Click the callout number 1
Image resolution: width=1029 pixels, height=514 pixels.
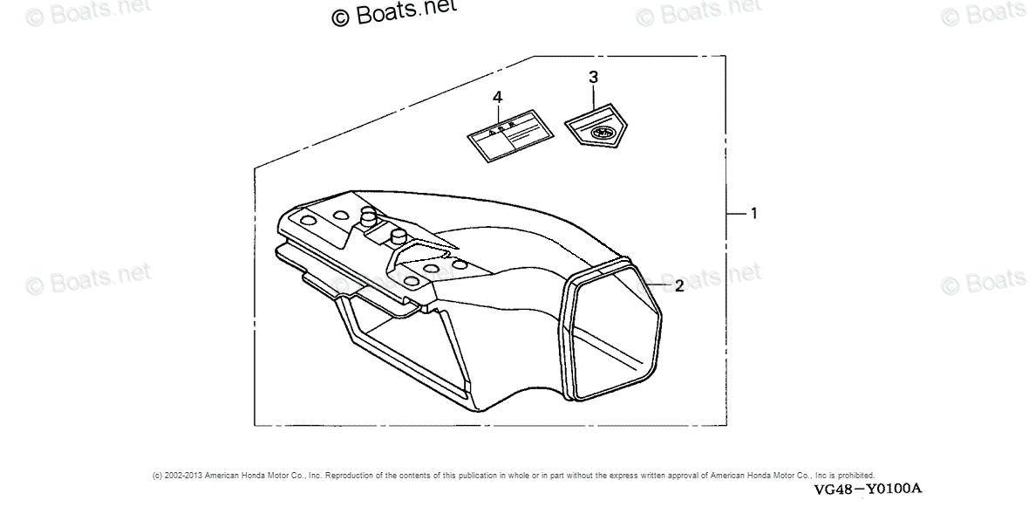tap(753, 213)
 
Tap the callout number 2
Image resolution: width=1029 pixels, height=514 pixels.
tap(678, 284)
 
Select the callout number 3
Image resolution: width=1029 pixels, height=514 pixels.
tap(593, 77)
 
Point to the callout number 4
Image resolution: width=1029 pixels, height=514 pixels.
tap(497, 97)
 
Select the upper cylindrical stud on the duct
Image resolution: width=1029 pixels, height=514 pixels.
tap(368, 214)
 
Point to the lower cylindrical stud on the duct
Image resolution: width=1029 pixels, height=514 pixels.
tap(399, 236)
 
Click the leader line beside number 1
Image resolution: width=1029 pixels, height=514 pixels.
tap(737, 213)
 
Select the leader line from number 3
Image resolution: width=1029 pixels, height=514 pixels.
tap(593, 96)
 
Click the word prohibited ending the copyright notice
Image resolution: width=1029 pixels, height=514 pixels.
tap(856, 476)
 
